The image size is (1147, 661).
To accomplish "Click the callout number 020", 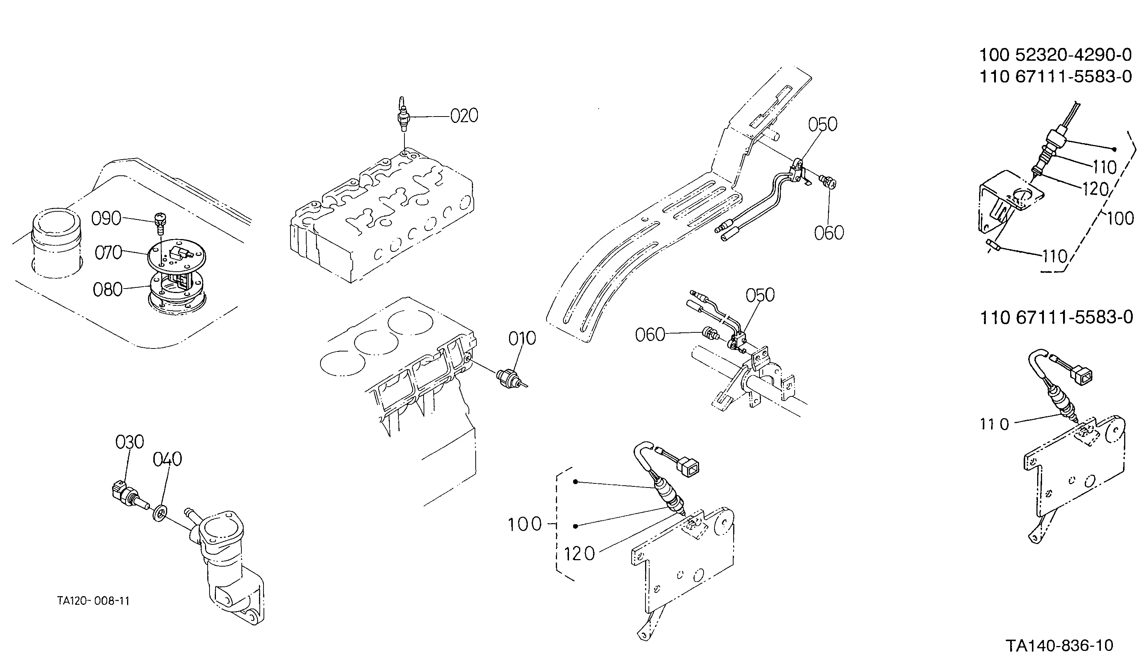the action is tap(464, 116).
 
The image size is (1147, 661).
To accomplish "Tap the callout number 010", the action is tap(522, 339).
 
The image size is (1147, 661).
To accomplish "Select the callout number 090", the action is tap(106, 219).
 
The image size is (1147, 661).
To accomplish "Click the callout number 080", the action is tap(108, 290).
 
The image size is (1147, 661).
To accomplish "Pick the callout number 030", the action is tap(130, 442).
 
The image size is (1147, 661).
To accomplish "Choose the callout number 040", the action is tap(168, 459).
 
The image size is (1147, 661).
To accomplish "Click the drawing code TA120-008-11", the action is tap(94, 601).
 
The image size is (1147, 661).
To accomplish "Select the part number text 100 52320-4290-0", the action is tap(1056, 55).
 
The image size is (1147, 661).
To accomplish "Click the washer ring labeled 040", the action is tap(159, 513).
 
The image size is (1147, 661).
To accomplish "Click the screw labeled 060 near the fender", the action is tap(829, 182).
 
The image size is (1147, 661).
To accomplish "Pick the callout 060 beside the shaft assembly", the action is tap(650, 335).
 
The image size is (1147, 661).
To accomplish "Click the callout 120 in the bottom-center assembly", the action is tap(579, 554).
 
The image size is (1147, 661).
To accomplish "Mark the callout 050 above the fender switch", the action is tap(823, 124).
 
